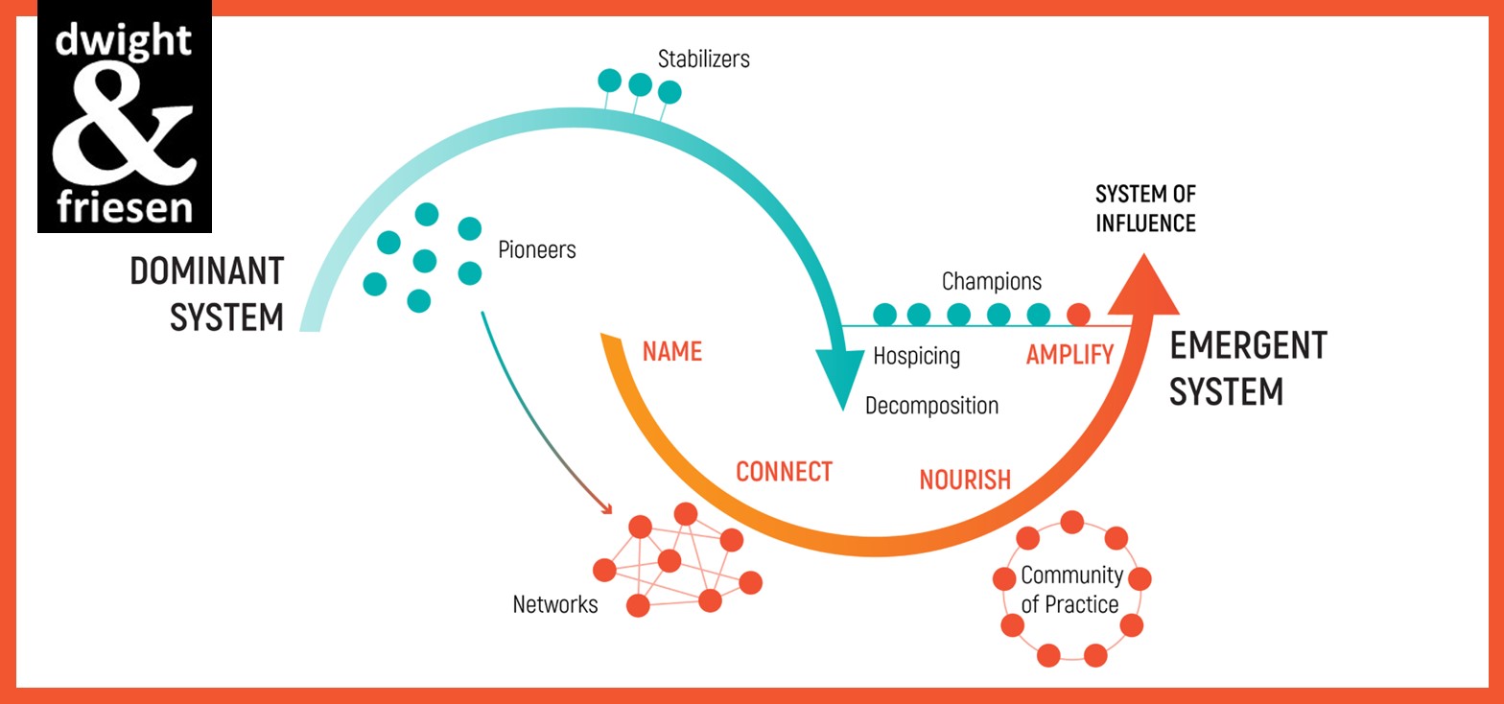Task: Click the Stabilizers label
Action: tap(703, 59)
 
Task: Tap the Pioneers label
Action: tap(537, 250)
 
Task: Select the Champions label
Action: tap(991, 282)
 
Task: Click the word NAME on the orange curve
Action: tap(671, 352)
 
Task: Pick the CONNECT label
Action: tap(784, 472)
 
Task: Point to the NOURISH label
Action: tap(965, 480)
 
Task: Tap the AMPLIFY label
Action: tap(1069, 355)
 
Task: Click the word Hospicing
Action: tap(916, 356)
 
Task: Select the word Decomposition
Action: tap(931, 406)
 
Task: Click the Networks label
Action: tap(555, 605)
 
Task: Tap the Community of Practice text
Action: tap(1071, 590)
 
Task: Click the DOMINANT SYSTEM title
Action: tap(207, 293)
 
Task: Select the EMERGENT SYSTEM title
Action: tap(1247, 368)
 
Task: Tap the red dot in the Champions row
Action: tap(1079, 314)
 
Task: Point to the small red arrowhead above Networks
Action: tap(606, 507)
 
